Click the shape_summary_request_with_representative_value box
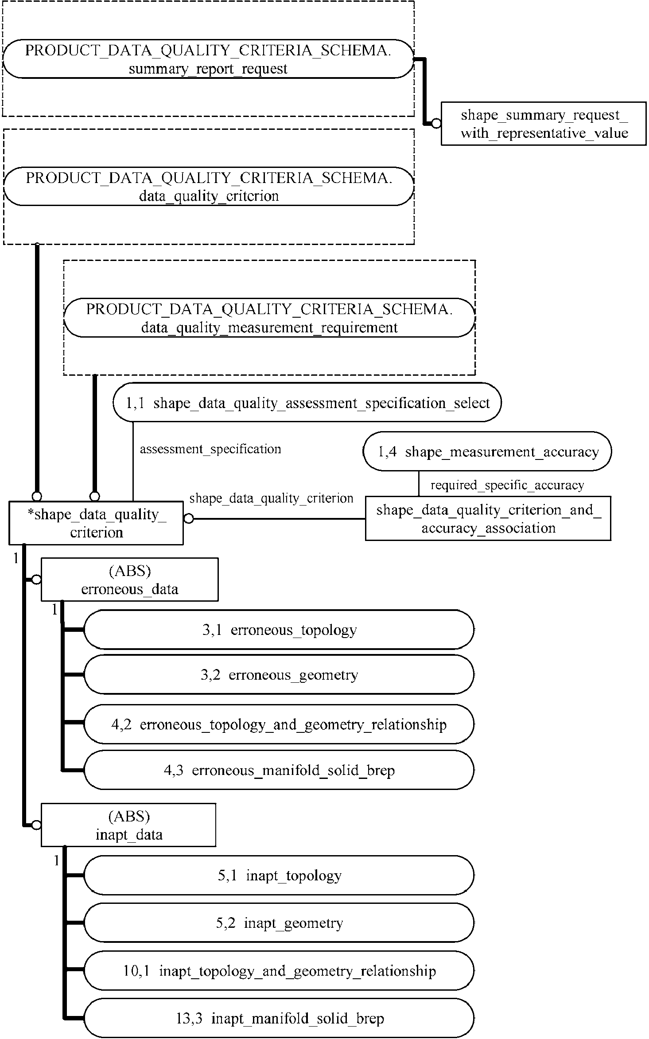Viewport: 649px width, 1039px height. (x=544, y=124)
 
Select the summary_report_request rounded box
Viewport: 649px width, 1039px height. (x=208, y=59)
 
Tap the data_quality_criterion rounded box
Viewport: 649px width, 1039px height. (x=209, y=187)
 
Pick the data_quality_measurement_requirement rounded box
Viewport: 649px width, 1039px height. (x=269, y=318)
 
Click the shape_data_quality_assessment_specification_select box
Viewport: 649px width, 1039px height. (x=307, y=403)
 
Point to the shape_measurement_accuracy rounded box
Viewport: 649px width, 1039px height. (x=487, y=451)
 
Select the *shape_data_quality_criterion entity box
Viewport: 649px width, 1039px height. (x=96, y=523)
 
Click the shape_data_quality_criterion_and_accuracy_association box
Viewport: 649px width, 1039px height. (x=488, y=518)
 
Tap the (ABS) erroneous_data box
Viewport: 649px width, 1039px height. (x=129, y=580)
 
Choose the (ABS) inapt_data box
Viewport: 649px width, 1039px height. (x=128, y=825)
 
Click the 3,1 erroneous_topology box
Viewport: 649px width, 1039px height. (x=279, y=630)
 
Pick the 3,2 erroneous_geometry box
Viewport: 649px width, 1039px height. (x=279, y=675)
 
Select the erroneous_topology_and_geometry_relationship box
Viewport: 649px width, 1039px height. (x=279, y=724)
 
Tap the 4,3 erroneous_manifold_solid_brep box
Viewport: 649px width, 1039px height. (x=279, y=770)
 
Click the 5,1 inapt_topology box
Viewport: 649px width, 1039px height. (x=279, y=875)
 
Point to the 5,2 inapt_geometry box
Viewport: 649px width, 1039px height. (x=279, y=923)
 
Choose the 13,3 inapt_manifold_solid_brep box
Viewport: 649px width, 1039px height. (x=279, y=1018)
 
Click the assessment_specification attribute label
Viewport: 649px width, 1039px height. (x=210, y=449)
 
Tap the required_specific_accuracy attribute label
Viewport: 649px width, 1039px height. (x=507, y=486)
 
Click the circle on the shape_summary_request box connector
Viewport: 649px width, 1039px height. (x=436, y=124)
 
